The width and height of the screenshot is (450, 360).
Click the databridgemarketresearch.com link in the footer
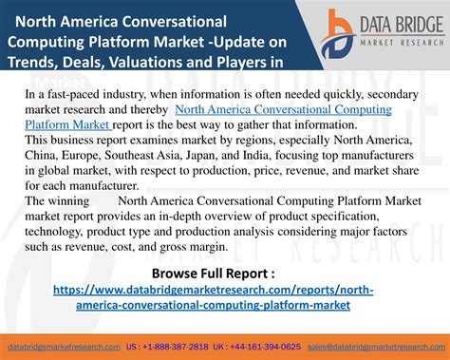(x=65, y=345)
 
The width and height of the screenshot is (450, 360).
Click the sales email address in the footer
(x=378, y=345)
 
